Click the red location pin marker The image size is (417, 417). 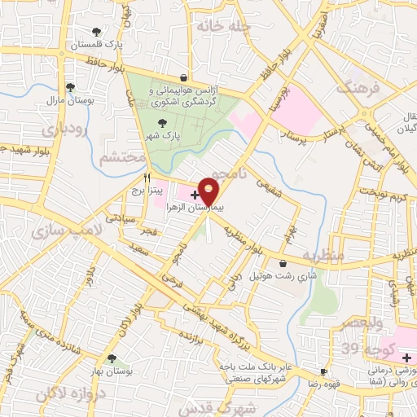(x=208, y=191)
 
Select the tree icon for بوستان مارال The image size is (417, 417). (x=71, y=86)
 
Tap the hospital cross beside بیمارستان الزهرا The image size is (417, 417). (x=194, y=194)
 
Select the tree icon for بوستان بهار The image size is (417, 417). (x=112, y=358)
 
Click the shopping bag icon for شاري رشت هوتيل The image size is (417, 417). (x=283, y=263)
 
